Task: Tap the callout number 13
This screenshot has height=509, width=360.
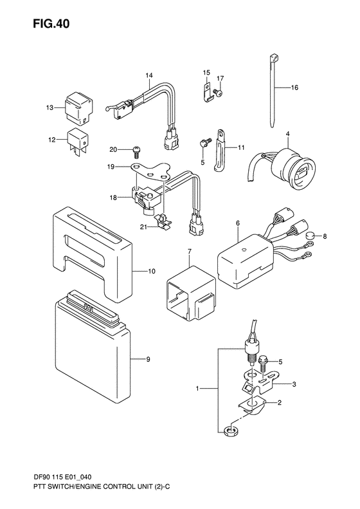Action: point(50,107)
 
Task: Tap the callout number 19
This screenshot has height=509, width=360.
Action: point(111,166)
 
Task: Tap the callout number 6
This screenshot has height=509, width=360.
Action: point(238,224)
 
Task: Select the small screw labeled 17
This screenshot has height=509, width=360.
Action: point(220,93)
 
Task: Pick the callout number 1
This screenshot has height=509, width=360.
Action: point(197,389)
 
